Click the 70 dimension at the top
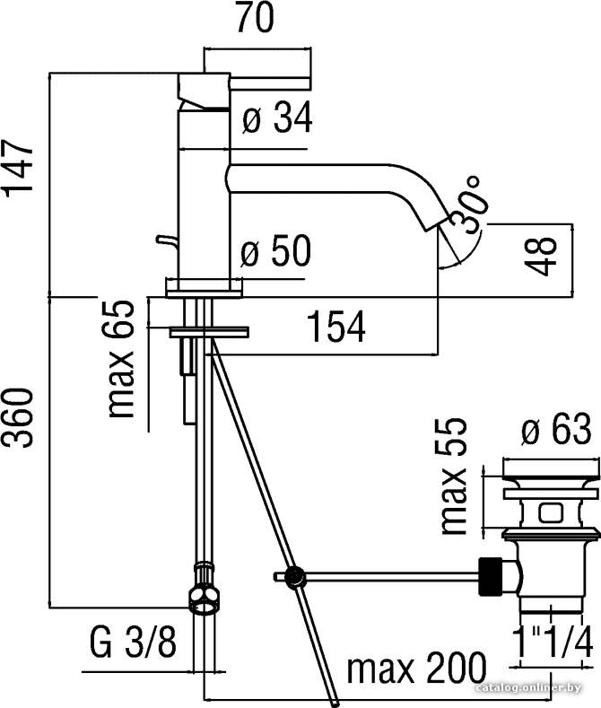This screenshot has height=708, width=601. pos(255,18)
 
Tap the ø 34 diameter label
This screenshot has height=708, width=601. pos(277,118)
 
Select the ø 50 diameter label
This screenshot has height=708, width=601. pos(275,250)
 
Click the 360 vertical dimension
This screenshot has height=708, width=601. pos(19,416)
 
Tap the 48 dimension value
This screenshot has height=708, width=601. pos(542,256)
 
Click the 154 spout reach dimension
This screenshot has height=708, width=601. pos(336,326)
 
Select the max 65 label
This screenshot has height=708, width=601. pos(120,359)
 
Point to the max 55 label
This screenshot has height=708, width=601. pos(454,476)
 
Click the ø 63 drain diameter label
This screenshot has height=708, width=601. pos(556,429)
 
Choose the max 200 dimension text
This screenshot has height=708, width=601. pos(417,668)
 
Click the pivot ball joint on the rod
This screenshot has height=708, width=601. pos(294,577)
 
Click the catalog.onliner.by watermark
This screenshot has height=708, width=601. pos(528,688)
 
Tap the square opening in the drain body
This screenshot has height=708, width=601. pos(549,513)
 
